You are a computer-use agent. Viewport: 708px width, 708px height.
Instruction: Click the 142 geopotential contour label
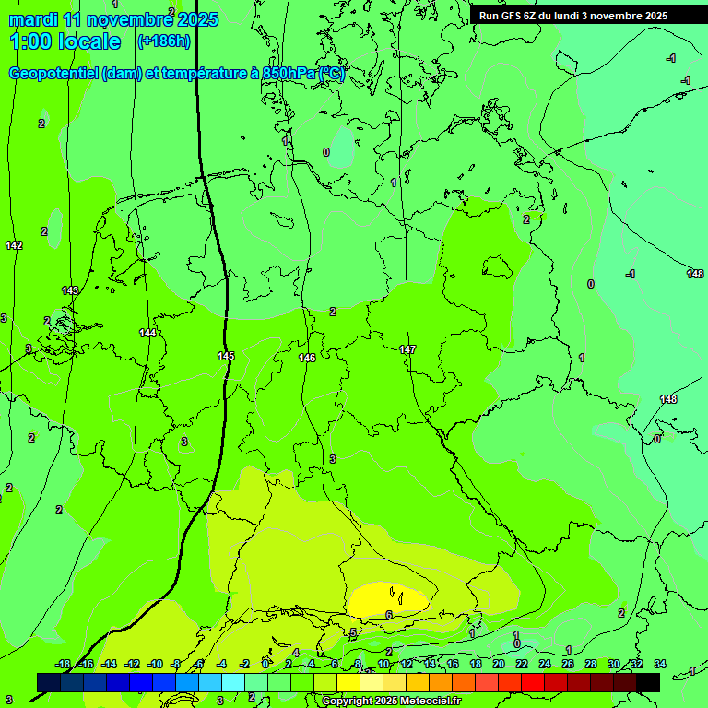14,245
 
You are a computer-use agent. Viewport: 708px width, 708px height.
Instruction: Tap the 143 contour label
70,290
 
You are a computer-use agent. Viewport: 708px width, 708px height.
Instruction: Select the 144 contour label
147,333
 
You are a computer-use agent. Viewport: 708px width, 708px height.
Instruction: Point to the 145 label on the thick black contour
226,356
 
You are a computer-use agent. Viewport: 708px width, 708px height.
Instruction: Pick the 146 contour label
307,358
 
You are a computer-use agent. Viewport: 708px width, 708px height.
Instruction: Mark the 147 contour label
407,349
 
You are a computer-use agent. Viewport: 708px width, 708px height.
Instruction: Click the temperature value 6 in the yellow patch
389,615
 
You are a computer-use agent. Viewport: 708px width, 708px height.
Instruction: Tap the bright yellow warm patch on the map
387,597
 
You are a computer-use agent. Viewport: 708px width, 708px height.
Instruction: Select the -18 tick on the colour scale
63,664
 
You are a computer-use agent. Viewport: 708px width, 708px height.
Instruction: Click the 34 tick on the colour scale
659,664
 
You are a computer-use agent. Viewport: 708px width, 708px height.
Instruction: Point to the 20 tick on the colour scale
498,664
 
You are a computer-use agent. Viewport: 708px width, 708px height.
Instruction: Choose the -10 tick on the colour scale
154,664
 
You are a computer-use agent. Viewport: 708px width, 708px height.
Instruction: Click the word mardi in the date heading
33,19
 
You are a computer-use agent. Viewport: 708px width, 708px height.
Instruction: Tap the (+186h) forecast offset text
163,41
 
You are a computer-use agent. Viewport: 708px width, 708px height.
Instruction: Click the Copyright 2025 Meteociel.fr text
391,702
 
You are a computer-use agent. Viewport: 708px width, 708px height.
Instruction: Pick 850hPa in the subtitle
289,74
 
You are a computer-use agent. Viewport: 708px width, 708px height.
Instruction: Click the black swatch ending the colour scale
648,682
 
